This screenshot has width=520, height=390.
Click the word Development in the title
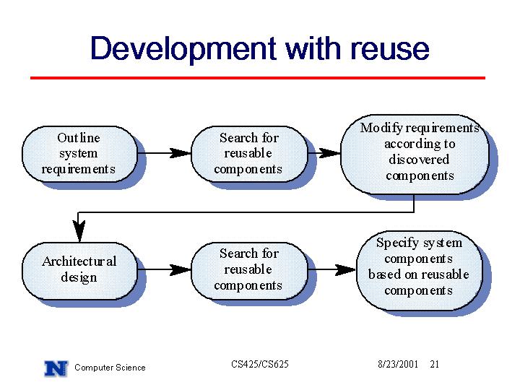point(183,49)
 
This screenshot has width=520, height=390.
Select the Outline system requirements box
point(79,154)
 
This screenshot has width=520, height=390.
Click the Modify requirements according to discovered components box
point(415,155)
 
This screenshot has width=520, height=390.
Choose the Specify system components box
point(419,271)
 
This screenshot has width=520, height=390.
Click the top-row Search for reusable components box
point(249,154)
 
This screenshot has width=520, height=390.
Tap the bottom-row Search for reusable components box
point(249,271)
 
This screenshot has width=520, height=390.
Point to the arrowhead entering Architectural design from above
point(79,231)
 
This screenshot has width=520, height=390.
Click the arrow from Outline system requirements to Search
point(165,153)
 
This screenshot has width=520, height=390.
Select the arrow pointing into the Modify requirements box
point(324,153)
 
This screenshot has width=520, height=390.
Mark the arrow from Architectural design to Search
point(165,269)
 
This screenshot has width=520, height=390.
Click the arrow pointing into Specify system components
point(332,269)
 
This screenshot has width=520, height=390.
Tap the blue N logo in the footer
point(56,368)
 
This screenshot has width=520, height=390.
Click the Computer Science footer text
point(110,368)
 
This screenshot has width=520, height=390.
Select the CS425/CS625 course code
point(260,364)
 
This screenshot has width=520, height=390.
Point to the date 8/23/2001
point(398,364)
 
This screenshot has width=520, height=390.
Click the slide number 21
point(435,364)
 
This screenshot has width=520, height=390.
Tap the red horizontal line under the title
point(258,78)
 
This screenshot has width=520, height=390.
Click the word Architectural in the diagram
point(79,261)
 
